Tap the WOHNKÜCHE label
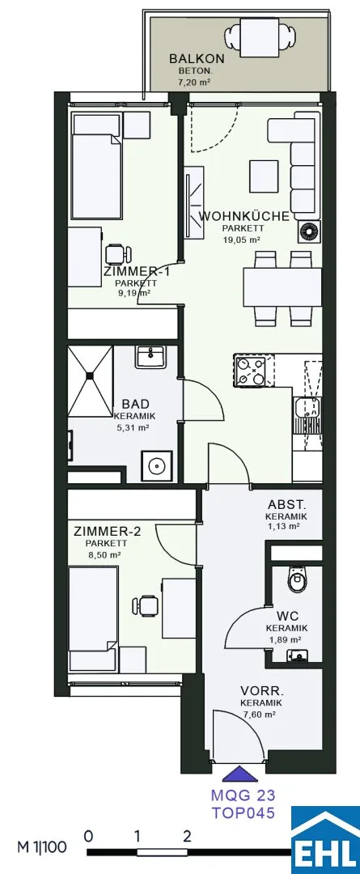point(244,217)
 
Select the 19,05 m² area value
point(243,240)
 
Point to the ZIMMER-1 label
point(136,272)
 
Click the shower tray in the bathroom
point(91,380)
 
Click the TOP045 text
point(243,812)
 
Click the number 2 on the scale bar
point(187,835)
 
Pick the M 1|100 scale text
point(42,847)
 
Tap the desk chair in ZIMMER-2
point(146,606)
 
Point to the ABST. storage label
point(287,505)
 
